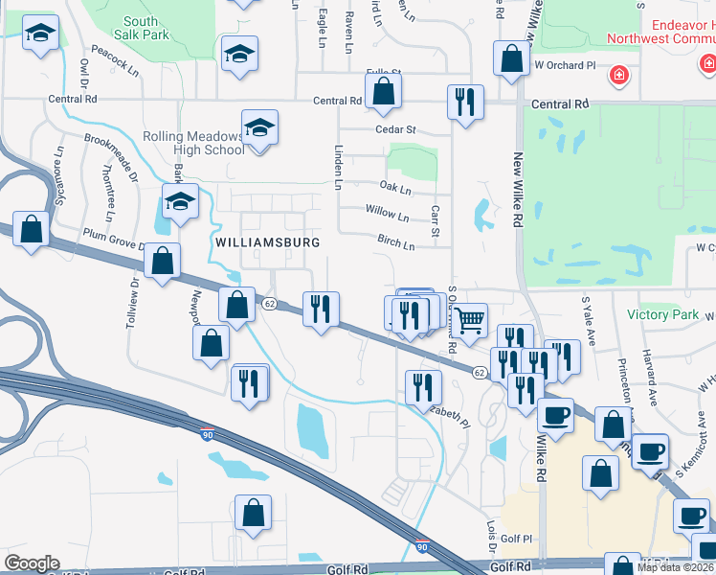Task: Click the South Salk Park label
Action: tap(141, 28)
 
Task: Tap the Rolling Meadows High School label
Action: tap(194, 143)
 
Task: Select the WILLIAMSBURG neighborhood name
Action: tap(268, 242)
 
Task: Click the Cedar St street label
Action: tap(396, 129)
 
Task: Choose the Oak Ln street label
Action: tap(394, 187)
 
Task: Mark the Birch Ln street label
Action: tap(395, 244)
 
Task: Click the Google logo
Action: tap(32, 563)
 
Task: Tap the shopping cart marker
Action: tap(469, 320)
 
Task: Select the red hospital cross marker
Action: tap(620, 74)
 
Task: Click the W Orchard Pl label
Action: tap(565, 65)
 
